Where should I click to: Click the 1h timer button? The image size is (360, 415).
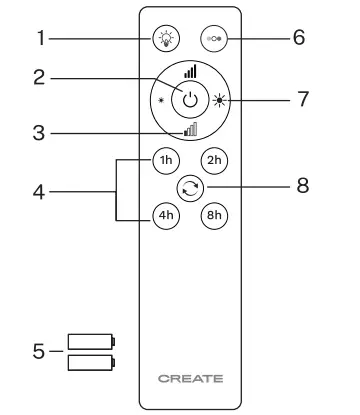[164, 159]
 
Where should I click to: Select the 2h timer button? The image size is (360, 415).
[212, 159]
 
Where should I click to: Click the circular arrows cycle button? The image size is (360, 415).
[188, 186]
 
